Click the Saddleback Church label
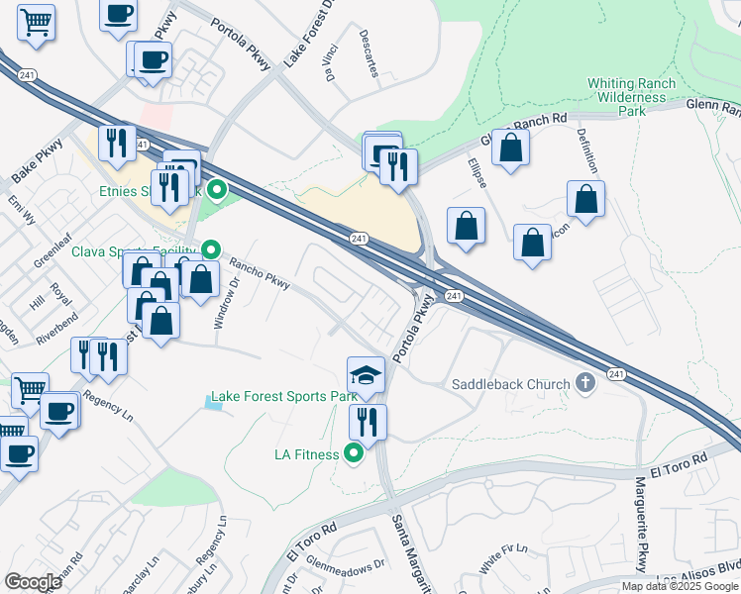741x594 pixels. pos(510,384)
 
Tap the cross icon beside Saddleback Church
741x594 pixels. pos(585,383)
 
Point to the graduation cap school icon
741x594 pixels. pos(366,375)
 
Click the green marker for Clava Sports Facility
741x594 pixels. pos(210,249)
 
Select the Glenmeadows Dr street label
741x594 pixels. pos(345,564)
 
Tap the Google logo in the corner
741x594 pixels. pos(33,581)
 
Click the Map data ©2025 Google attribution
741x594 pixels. pos(680,586)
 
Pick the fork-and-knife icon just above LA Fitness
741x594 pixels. pos(368,422)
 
